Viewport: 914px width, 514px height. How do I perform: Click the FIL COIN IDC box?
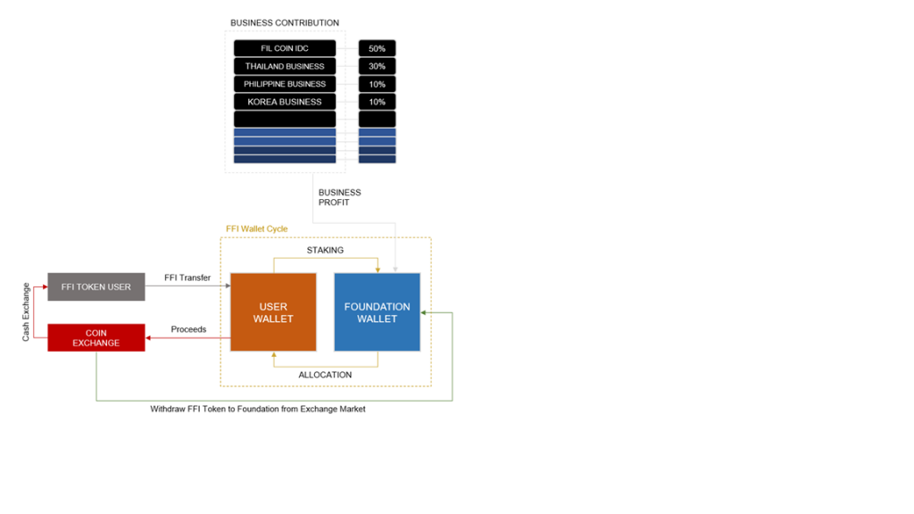point(285,48)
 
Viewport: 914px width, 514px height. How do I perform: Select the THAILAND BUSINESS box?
point(285,66)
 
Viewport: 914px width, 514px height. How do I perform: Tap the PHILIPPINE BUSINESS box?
point(285,84)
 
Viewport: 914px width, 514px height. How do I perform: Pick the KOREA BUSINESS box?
point(285,102)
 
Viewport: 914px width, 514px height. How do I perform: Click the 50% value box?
point(378,48)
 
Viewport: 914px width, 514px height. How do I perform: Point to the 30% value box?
point(378,66)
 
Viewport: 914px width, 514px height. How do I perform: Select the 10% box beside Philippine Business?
point(378,84)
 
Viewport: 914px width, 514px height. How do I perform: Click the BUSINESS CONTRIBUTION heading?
point(285,22)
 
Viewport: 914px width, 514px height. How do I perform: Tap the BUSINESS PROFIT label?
point(339,197)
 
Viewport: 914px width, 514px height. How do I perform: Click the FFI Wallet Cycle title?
point(256,229)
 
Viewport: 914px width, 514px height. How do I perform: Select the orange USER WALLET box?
point(273,312)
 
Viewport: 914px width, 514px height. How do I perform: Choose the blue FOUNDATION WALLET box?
point(378,312)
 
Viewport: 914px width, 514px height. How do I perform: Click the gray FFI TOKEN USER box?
point(96,286)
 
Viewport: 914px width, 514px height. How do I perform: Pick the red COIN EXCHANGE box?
point(96,337)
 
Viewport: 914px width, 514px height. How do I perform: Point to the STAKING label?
point(325,250)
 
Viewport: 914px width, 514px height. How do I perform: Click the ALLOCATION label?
point(325,375)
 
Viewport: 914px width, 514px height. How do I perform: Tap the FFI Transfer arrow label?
point(187,278)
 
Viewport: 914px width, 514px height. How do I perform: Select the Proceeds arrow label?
point(188,329)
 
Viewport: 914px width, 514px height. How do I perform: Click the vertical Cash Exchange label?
point(26,311)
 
